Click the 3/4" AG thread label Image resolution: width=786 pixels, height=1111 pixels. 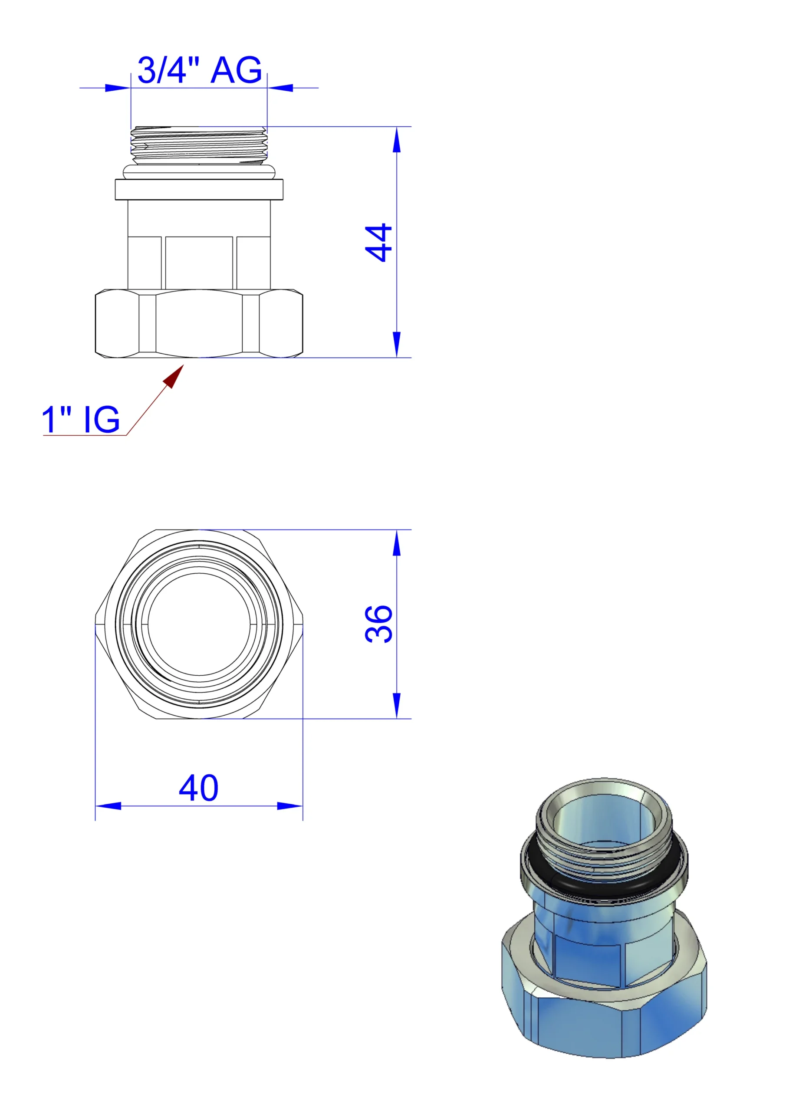pos(199,70)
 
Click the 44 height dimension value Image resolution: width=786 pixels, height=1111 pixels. pos(378,243)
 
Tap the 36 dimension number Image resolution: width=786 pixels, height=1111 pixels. pos(378,624)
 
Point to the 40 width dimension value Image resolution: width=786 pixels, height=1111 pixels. pos(199,788)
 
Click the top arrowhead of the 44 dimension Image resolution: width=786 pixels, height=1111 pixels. pos(397,140)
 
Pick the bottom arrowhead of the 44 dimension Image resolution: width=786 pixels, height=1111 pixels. pos(397,345)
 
